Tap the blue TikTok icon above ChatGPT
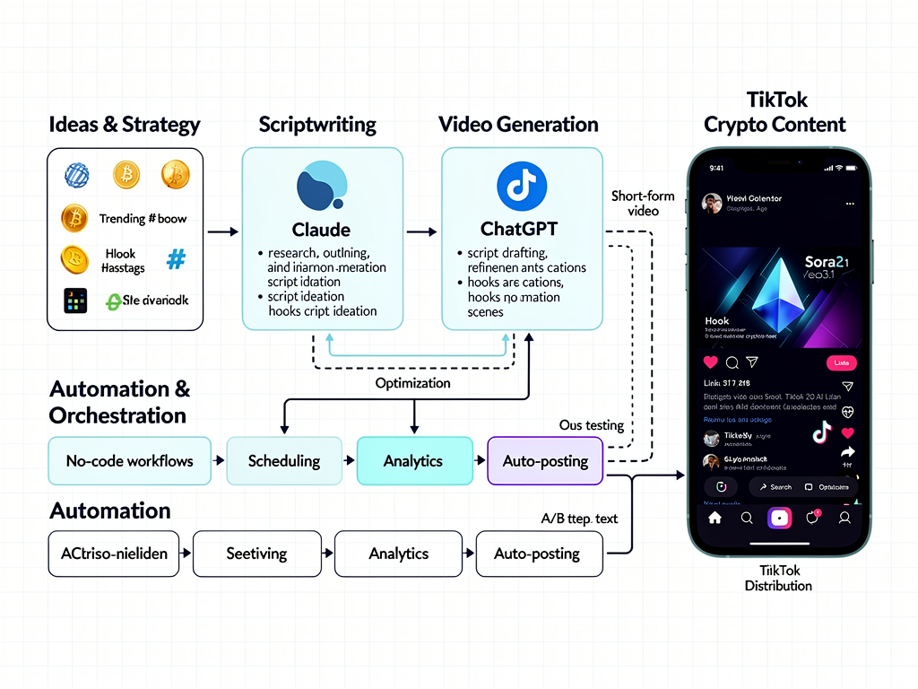click(x=521, y=188)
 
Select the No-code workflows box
click(x=129, y=461)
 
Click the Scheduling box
click(x=284, y=461)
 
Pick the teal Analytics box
click(x=413, y=461)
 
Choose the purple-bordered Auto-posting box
click(x=545, y=461)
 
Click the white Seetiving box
click(x=256, y=554)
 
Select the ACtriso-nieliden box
click(x=114, y=554)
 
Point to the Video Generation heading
click(x=518, y=125)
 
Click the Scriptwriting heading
click(x=317, y=125)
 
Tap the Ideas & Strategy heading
click(x=125, y=125)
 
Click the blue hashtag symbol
click(x=177, y=260)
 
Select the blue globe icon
click(x=77, y=174)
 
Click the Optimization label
click(x=412, y=383)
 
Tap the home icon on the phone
click(x=714, y=518)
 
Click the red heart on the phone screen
click(x=711, y=362)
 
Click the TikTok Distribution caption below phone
click(x=778, y=578)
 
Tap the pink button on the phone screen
click(x=841, y=362)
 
